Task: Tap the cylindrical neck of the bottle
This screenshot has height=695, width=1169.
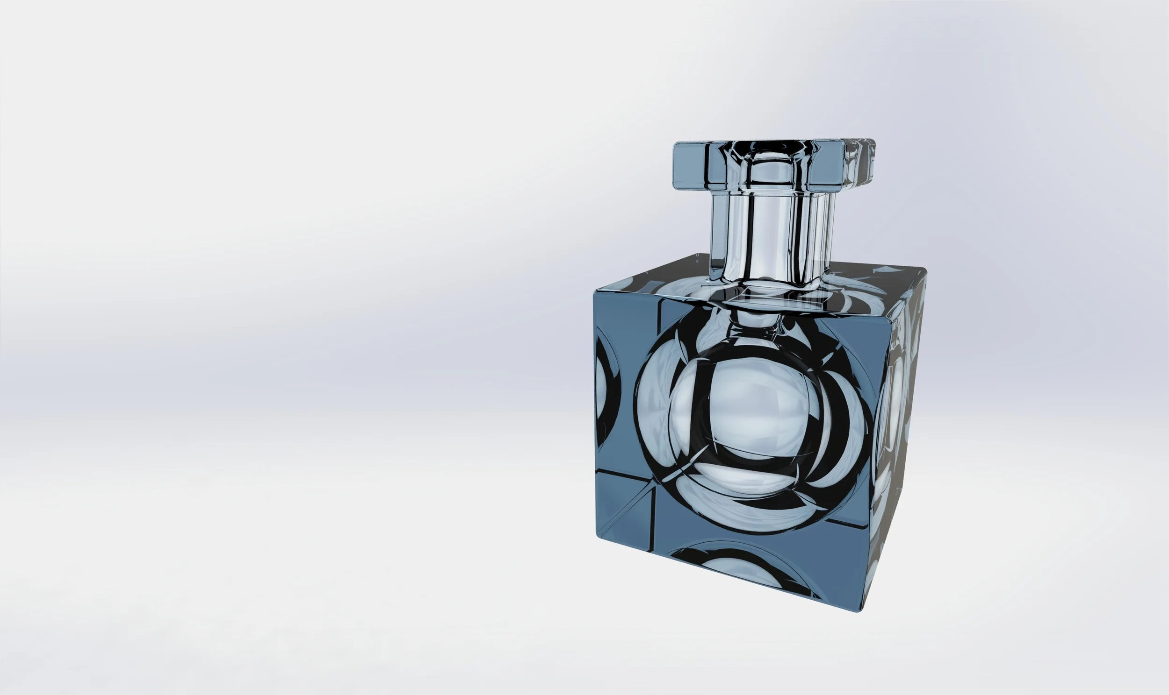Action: [x=769, y=234]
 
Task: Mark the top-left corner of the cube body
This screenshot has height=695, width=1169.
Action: [x=595, y=291]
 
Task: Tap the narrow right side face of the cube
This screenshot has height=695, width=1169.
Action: [x=900, y=445]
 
